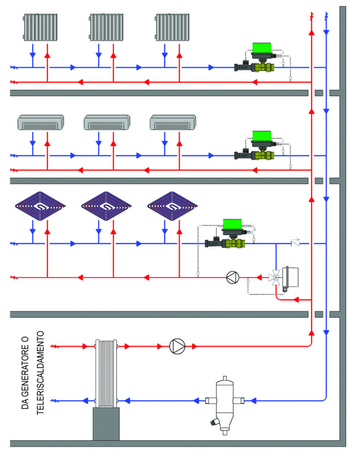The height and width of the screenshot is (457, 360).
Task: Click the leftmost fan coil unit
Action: [x=40, y=122]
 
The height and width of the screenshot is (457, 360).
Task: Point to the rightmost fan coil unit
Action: [x=173, y=122]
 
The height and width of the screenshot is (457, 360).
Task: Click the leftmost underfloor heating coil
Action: [x=40, y=206]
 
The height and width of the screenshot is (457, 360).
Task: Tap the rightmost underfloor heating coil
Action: [x=172, y=206]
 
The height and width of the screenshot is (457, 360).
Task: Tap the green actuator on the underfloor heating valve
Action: [x=232, y=224]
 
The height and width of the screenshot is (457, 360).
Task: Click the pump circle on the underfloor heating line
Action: [x=232, y=278]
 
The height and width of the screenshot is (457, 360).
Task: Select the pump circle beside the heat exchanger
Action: [x=177, y=346]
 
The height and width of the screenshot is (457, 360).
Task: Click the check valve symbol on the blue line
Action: [x=295, y=244]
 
